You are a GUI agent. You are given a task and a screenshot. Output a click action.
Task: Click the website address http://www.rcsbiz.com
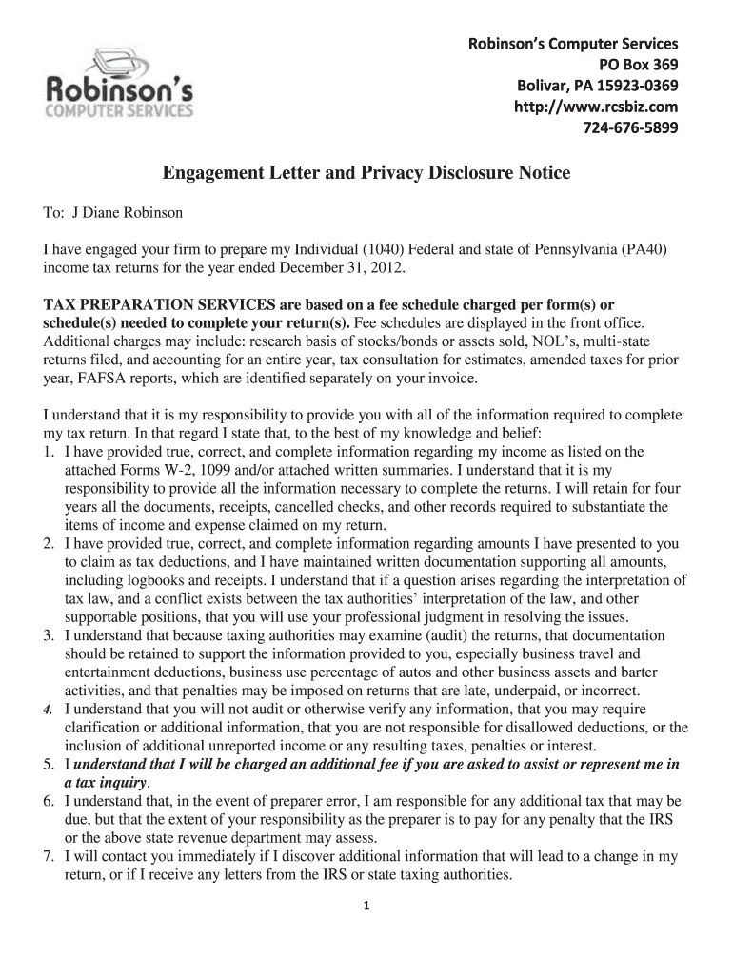(x=596, y=107)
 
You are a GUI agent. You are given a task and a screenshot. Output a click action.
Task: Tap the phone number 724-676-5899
(x=624, y=128)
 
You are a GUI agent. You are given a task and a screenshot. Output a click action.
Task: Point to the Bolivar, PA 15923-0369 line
(x=597, y=87)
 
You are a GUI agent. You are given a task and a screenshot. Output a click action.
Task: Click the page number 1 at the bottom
(x=366, y=905)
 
